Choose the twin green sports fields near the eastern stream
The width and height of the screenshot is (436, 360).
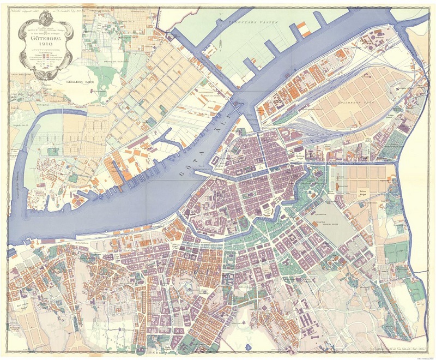pos(396,252)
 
